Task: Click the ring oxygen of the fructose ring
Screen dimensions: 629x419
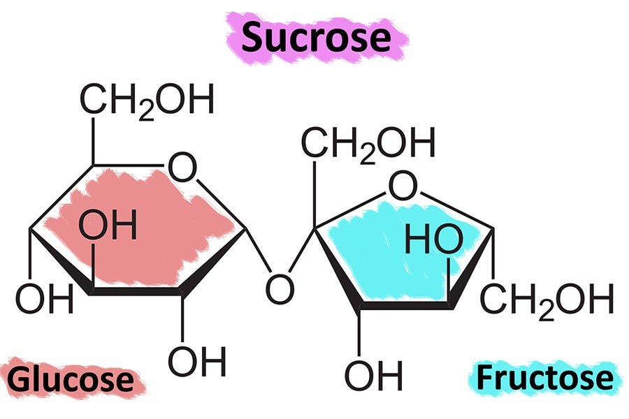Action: coord(403,186)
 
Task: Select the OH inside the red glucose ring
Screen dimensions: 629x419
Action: coord(107,226)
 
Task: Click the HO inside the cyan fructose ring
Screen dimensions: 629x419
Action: coord(433,241)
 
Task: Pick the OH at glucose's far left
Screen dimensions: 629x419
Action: coord(44,300)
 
